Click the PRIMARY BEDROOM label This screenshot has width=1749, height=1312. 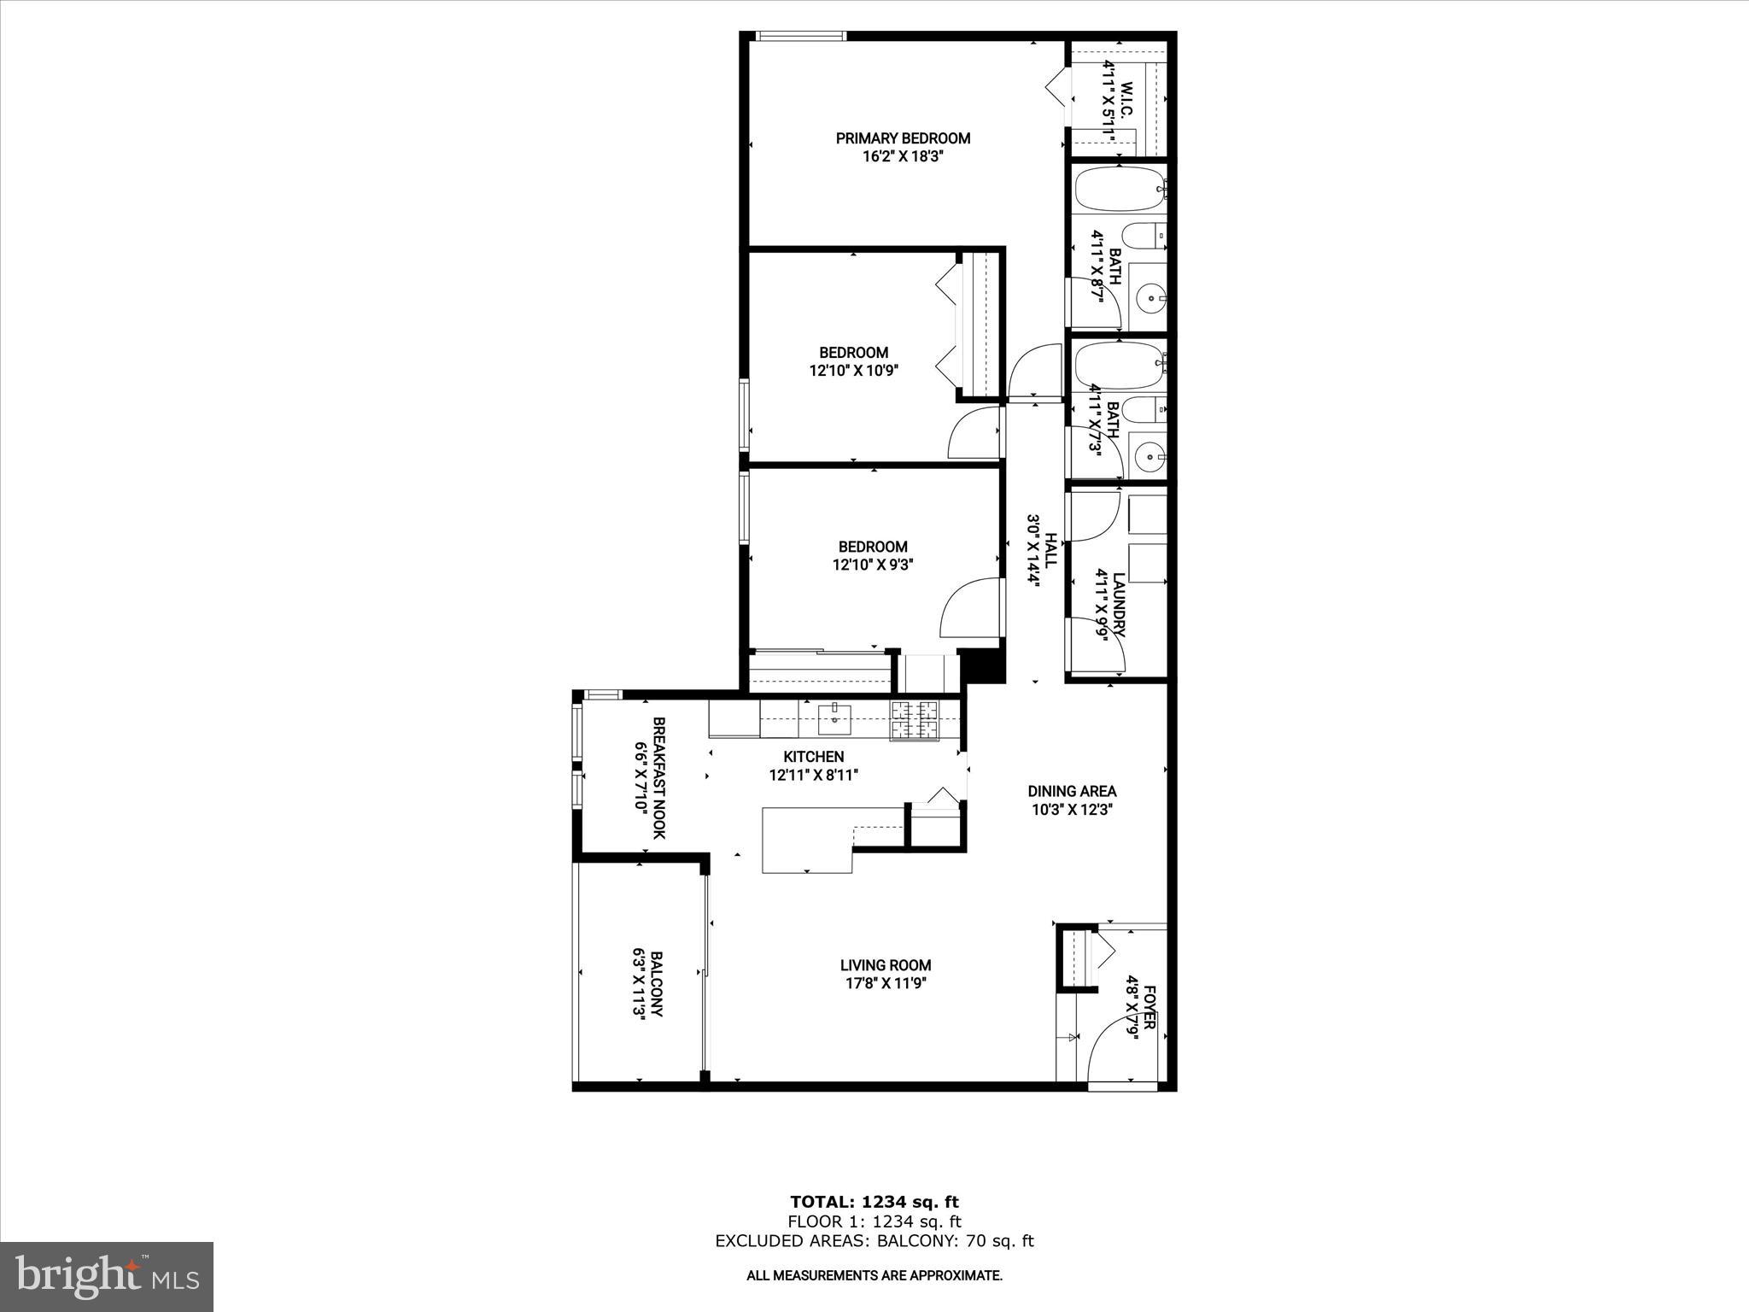coord(903,138)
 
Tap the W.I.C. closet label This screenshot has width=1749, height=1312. coord(1126,101)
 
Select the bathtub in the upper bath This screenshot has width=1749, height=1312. coord(1118,189)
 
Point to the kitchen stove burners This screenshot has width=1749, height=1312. coord(915,719)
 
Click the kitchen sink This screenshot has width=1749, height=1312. coord(834,719)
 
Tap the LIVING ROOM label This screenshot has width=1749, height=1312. coord(885,965)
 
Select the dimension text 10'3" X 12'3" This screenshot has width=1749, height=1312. coord(1072,810)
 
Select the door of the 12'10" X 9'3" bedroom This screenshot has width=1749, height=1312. coord(971,608)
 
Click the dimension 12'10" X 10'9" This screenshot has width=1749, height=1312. coord(854,371)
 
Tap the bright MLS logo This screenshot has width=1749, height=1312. coord(107,1276)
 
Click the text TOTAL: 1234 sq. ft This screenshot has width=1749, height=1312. coord(874,1202)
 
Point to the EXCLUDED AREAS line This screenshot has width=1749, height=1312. coord(874,1241)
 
